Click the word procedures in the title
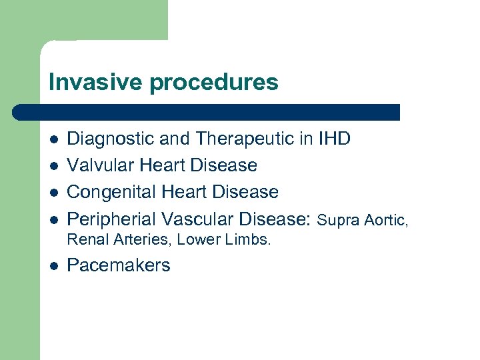coord(214,83)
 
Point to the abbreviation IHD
coord(335,139)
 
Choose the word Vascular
coord(196,219)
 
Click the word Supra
coord(337,219)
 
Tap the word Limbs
coord(251,240)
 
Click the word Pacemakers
coord(119,265)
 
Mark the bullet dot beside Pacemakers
coord(53,266)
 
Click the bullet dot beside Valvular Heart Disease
coord(53,166)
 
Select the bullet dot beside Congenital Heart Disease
coord(53,193)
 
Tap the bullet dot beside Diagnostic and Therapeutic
coord(53,139)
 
